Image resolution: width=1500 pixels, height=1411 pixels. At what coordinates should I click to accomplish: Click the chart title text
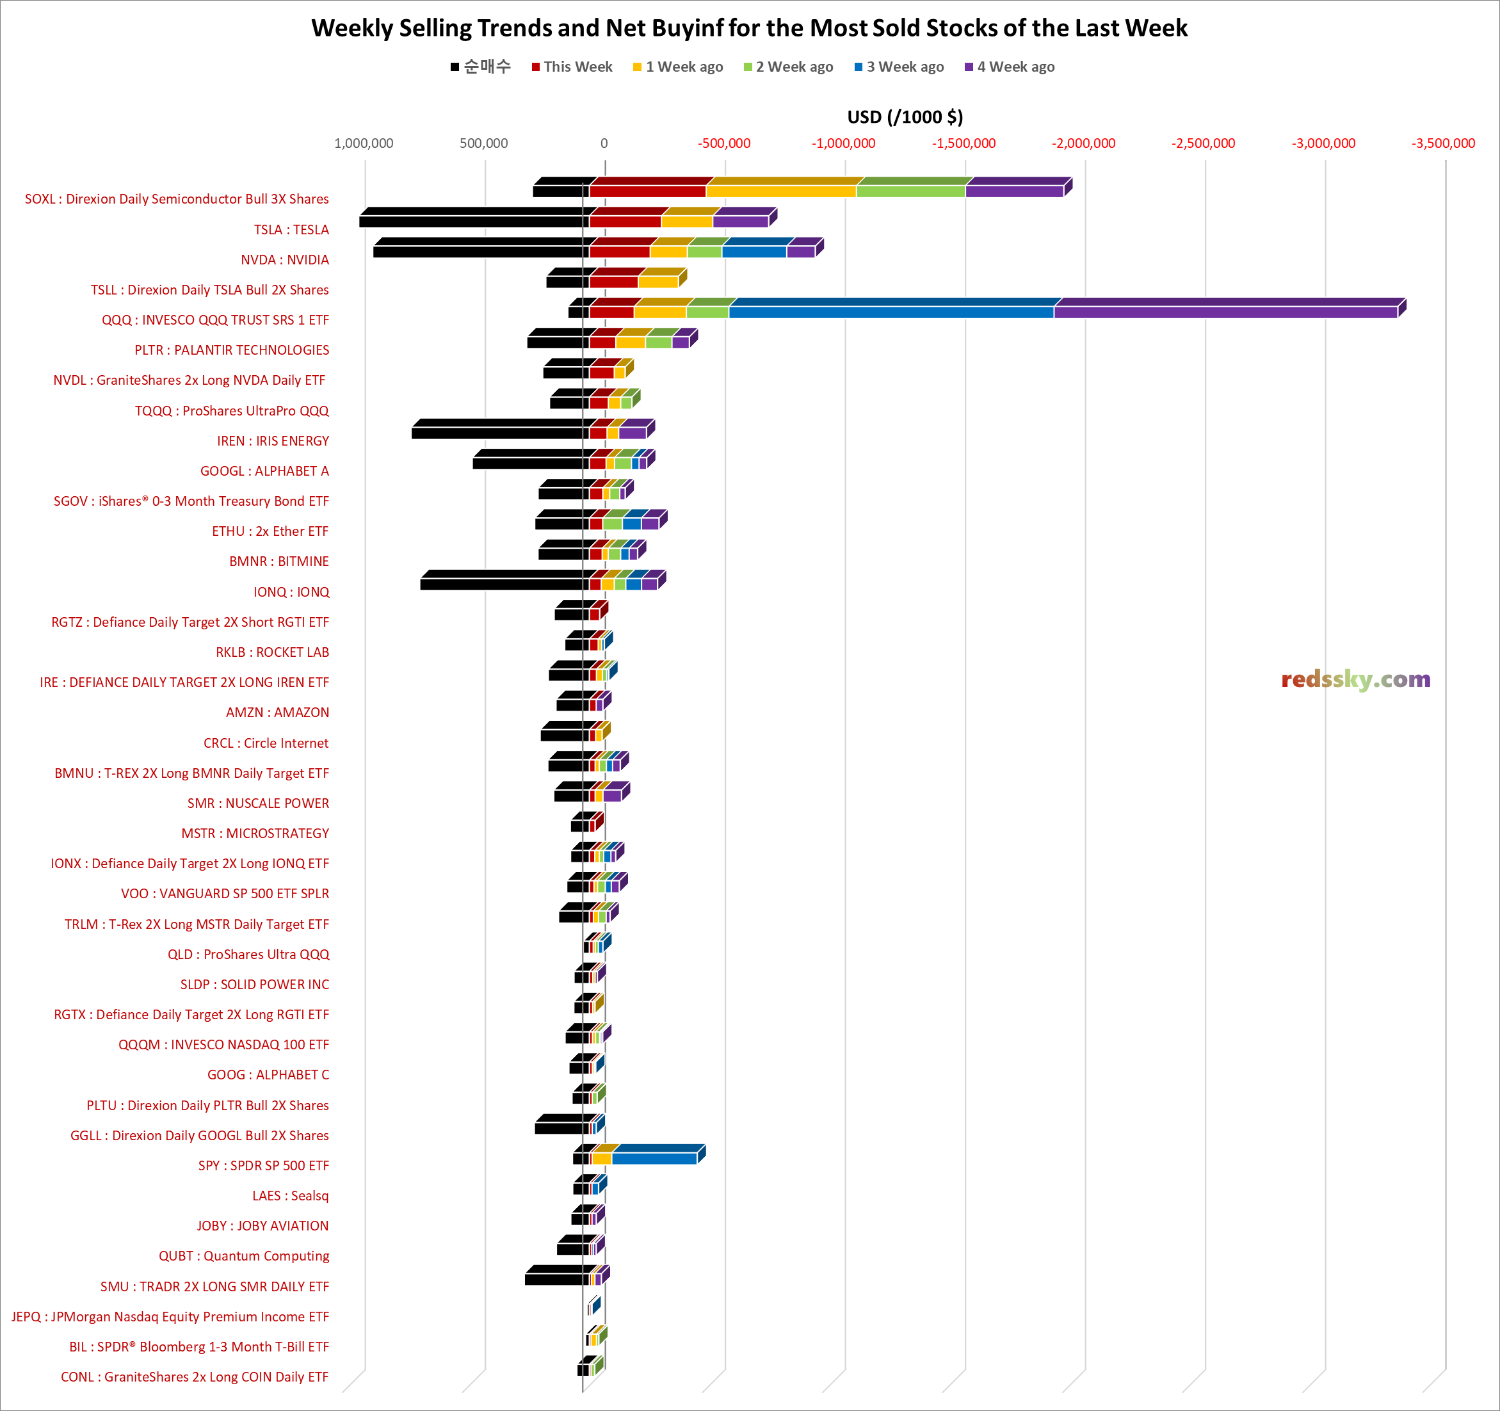point(749,28)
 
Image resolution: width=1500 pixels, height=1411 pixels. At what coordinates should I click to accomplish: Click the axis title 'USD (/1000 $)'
point(905,117)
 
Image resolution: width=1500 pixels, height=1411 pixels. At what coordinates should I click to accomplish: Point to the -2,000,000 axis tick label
point(1083,143)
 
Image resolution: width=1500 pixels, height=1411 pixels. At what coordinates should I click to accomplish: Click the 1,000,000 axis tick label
point(364,143)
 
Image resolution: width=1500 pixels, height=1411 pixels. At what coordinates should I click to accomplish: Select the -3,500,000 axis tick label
point(1442,143)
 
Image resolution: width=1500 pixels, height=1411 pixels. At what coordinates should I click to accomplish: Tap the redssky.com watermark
point(1355,680)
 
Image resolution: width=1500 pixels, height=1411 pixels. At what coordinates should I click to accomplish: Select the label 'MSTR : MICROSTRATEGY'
point(255,833)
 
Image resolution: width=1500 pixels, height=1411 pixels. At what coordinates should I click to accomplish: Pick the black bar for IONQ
point(502,584)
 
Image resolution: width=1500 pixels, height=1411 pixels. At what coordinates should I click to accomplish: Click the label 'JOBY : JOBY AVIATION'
point(262,1225)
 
